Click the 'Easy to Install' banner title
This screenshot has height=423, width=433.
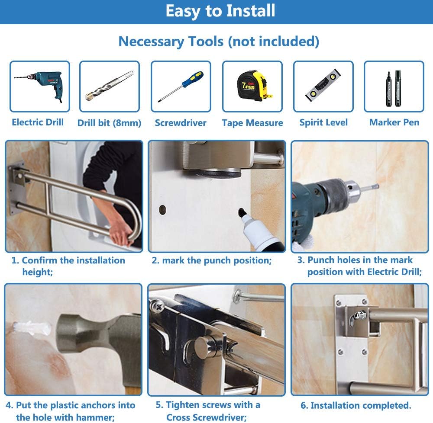pos(220,11)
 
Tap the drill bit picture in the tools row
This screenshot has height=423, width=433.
pos(109,86)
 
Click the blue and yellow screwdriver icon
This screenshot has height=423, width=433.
pos(181,86)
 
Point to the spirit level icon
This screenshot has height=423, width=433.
pos(323,87)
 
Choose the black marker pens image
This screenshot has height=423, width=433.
pos(394,86)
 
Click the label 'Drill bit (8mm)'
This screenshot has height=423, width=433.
pos(109,123)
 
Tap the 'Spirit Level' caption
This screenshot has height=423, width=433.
pos(323,122)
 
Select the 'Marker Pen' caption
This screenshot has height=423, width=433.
pos(394,122)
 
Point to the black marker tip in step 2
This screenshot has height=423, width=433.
pos(241,212)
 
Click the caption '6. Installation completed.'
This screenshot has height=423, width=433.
pos(355,406)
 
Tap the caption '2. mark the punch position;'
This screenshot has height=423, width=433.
pos(211,260)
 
